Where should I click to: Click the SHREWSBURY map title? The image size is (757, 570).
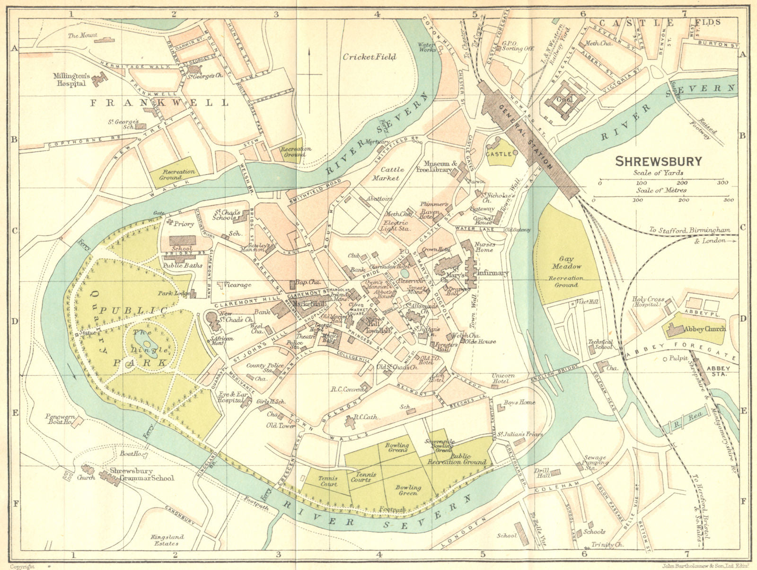(x=659, y=162)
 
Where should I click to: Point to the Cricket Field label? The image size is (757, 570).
(x=370, y=57)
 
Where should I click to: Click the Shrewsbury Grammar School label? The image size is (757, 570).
(x=142, y=475)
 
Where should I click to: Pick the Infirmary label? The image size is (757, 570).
(x=492, y=273)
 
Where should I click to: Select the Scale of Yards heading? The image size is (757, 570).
(x=658, y=173)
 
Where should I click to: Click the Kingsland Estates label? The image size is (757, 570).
(x=167, y=540)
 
